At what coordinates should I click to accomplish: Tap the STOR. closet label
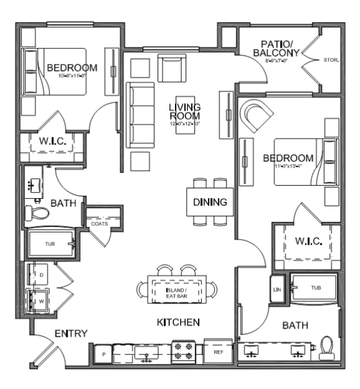[x=331, y=61]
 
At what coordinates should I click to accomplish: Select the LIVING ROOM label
[x=184, y=113]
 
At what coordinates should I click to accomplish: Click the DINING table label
[x=209, y=203]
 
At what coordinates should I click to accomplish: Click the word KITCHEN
[x=178, y=322]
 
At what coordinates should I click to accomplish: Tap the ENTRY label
[x=71, y=333]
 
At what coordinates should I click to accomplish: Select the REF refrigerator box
[x=218, y=351]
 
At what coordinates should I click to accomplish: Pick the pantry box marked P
[x=103, y=353]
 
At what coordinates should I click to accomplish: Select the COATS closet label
[x=99, y=223]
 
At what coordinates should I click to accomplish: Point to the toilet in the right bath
[x=327, y=348]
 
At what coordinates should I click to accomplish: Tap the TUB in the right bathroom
[x=316, y=288]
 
